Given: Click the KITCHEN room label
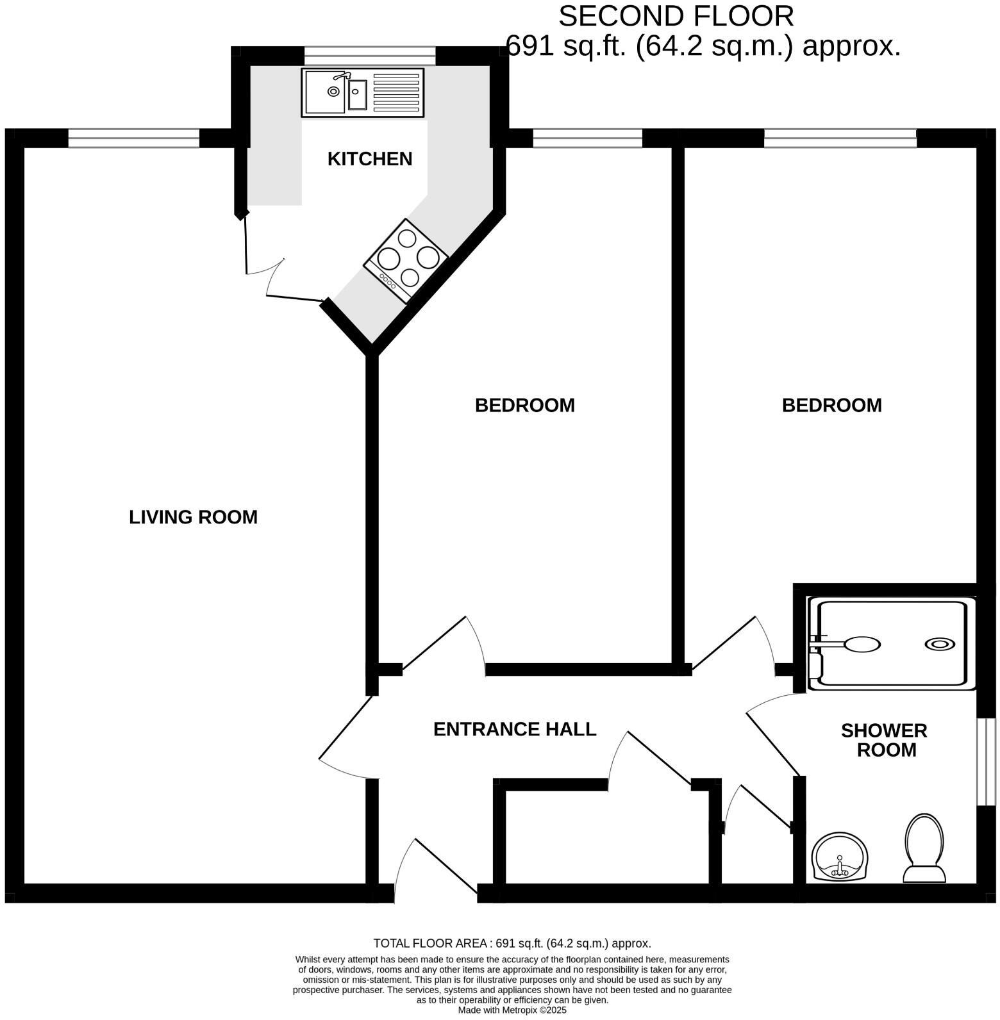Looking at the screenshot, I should [x=370, y=159].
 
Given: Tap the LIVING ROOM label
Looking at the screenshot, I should [x=193, y=517].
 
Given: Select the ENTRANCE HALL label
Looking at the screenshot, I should [x=515, y=729].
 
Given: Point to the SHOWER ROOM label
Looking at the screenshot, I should [x=885, y=741].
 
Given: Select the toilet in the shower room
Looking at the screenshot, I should [x=924, y=847].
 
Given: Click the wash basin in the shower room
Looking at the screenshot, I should [x=840, y=857].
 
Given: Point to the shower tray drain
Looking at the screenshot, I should [x=940, y=645].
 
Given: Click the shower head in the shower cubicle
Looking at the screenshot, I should [x=862, y=644].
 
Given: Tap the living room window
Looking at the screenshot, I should [x=133, y=138].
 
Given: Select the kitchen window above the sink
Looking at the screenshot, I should [x=370, y=55].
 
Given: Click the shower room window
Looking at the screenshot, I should [x=986, y=761].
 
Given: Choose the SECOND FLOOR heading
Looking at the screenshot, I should [x=676, y=16].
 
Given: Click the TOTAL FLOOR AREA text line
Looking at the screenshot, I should [x=512, y=943].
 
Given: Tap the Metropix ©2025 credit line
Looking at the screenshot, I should [x=512, y=1010].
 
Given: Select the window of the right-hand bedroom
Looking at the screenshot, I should [x=840, y=138].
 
